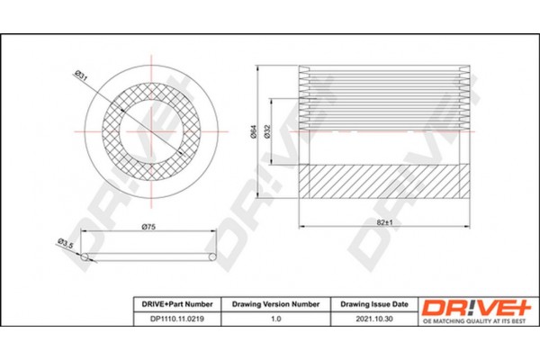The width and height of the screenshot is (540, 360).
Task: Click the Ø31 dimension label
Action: pos(82,76)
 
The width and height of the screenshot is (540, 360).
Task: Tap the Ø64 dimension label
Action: pos(253,131)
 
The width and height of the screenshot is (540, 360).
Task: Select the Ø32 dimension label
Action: pos(267,131)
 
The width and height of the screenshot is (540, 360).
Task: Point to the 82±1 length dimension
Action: pos(384,222)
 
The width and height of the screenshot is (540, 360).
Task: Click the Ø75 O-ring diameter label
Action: pos(148,227)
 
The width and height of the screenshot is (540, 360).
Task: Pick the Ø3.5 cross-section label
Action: pos(66,243)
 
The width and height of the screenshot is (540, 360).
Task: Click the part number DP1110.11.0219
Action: pos(177,319)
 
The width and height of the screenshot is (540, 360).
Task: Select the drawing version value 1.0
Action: pos(276,319)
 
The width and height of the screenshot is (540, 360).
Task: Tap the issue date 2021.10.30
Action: pos(374,319)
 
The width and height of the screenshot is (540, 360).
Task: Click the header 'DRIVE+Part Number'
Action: pos(177,304)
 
